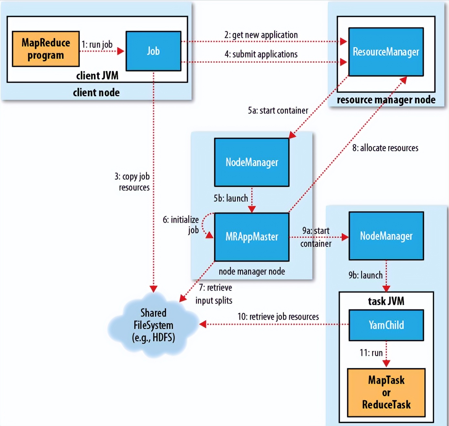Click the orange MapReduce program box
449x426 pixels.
point(46,49)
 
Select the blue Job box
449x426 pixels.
point(153,51)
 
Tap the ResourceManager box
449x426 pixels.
point(386,52)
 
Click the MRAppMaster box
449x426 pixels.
point(252,237)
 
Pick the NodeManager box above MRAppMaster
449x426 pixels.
point(252,162)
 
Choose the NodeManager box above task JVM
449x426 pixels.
point(386,236)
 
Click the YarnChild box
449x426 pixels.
point(386,325)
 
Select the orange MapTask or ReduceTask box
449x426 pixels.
point(386,392)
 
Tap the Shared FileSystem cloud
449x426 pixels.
point(153,325)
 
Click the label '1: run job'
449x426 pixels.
point(97,44)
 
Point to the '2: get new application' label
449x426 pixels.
point(261,35)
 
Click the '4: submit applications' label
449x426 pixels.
point(261,54)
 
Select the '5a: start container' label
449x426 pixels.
point(278,111)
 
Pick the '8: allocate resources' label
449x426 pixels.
point(385,148)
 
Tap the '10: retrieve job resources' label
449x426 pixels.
point(278,317)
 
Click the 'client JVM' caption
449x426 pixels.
point(97,76)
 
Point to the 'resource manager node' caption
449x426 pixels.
point(386,100)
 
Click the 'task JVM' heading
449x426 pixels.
point(386,301)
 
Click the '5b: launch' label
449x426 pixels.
point(231,198)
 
